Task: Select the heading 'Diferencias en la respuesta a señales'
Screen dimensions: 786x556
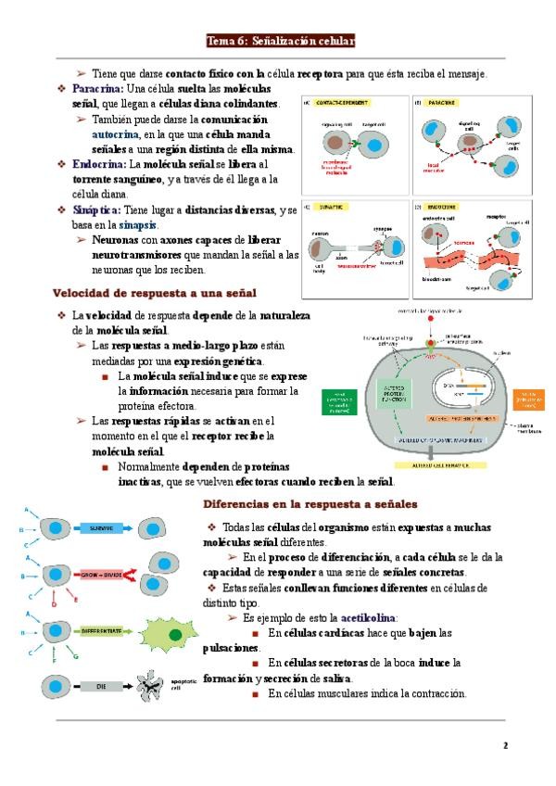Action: (x=310, y=504)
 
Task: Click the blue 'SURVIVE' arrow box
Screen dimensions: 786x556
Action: (x=102, y=527)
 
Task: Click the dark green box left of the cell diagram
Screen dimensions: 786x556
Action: (x=341, y=401)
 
